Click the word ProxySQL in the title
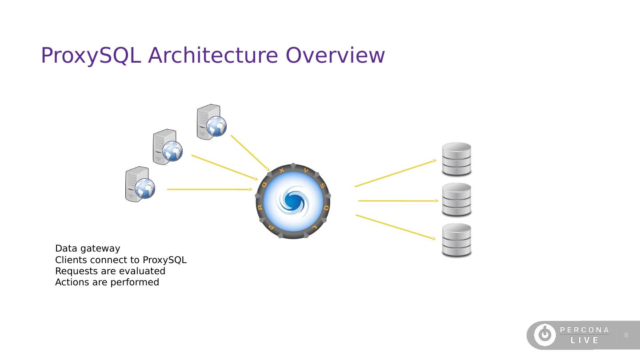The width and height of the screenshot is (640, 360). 91,56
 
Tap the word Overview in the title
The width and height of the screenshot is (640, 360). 335,56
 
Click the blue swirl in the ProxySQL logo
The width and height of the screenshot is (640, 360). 292,200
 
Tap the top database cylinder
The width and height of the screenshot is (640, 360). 456,159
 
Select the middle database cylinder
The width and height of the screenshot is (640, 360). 456,200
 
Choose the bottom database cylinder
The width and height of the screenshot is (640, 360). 456,240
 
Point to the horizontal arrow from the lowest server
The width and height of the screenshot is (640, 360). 209,189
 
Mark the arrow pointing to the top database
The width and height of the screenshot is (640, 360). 396,173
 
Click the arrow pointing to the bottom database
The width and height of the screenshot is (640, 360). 396,227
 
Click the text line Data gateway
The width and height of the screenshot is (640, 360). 88,248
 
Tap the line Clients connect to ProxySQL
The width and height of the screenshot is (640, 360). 120,260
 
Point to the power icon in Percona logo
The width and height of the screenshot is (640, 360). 544,335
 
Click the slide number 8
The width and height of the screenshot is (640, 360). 626,335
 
